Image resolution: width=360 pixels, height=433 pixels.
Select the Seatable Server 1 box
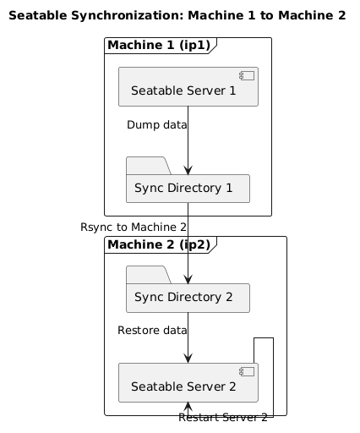pos(188,86)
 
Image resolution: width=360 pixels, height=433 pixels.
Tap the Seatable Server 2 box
pos(188,382)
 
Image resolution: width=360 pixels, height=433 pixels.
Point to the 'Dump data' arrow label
pos(157,125)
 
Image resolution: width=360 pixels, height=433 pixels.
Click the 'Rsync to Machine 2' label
pos(134,227)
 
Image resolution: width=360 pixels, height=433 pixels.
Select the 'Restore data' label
pos(152,331)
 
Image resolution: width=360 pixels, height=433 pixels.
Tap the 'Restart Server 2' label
pos(223,418)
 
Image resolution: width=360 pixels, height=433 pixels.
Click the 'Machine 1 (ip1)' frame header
pos(159,46)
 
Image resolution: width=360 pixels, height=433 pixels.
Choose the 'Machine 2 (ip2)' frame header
pos(159,244)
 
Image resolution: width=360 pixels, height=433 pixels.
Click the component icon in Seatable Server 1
pos(247,76)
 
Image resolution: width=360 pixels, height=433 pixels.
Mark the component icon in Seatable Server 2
pos(247,372)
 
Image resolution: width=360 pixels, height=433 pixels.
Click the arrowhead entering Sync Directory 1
pos(188,170)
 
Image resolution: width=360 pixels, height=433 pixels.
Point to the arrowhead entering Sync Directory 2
pos(188,279)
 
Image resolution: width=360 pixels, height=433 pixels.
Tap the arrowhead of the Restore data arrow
pos(188,359)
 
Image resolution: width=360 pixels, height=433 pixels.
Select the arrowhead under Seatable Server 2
pos(188,407)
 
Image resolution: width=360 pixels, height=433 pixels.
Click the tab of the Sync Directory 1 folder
pos(149,166)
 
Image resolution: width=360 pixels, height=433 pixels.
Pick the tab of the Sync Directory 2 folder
pos(149,275)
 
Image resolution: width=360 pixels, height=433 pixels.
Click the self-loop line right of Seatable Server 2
pos(273,378)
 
